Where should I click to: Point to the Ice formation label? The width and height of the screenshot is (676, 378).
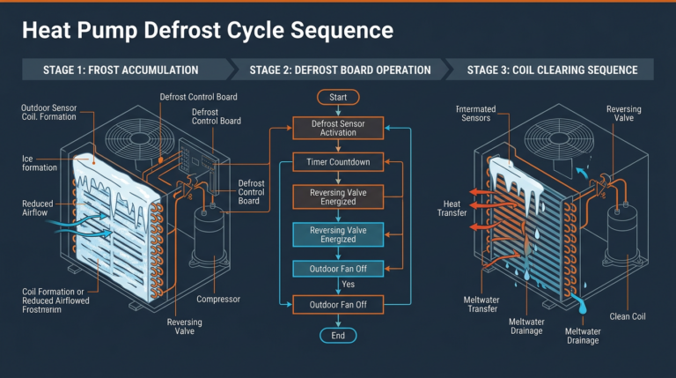coord(39,163)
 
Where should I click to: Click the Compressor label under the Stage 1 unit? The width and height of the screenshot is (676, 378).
coord(218,300)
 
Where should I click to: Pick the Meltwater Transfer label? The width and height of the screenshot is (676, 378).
coord(481,305)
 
